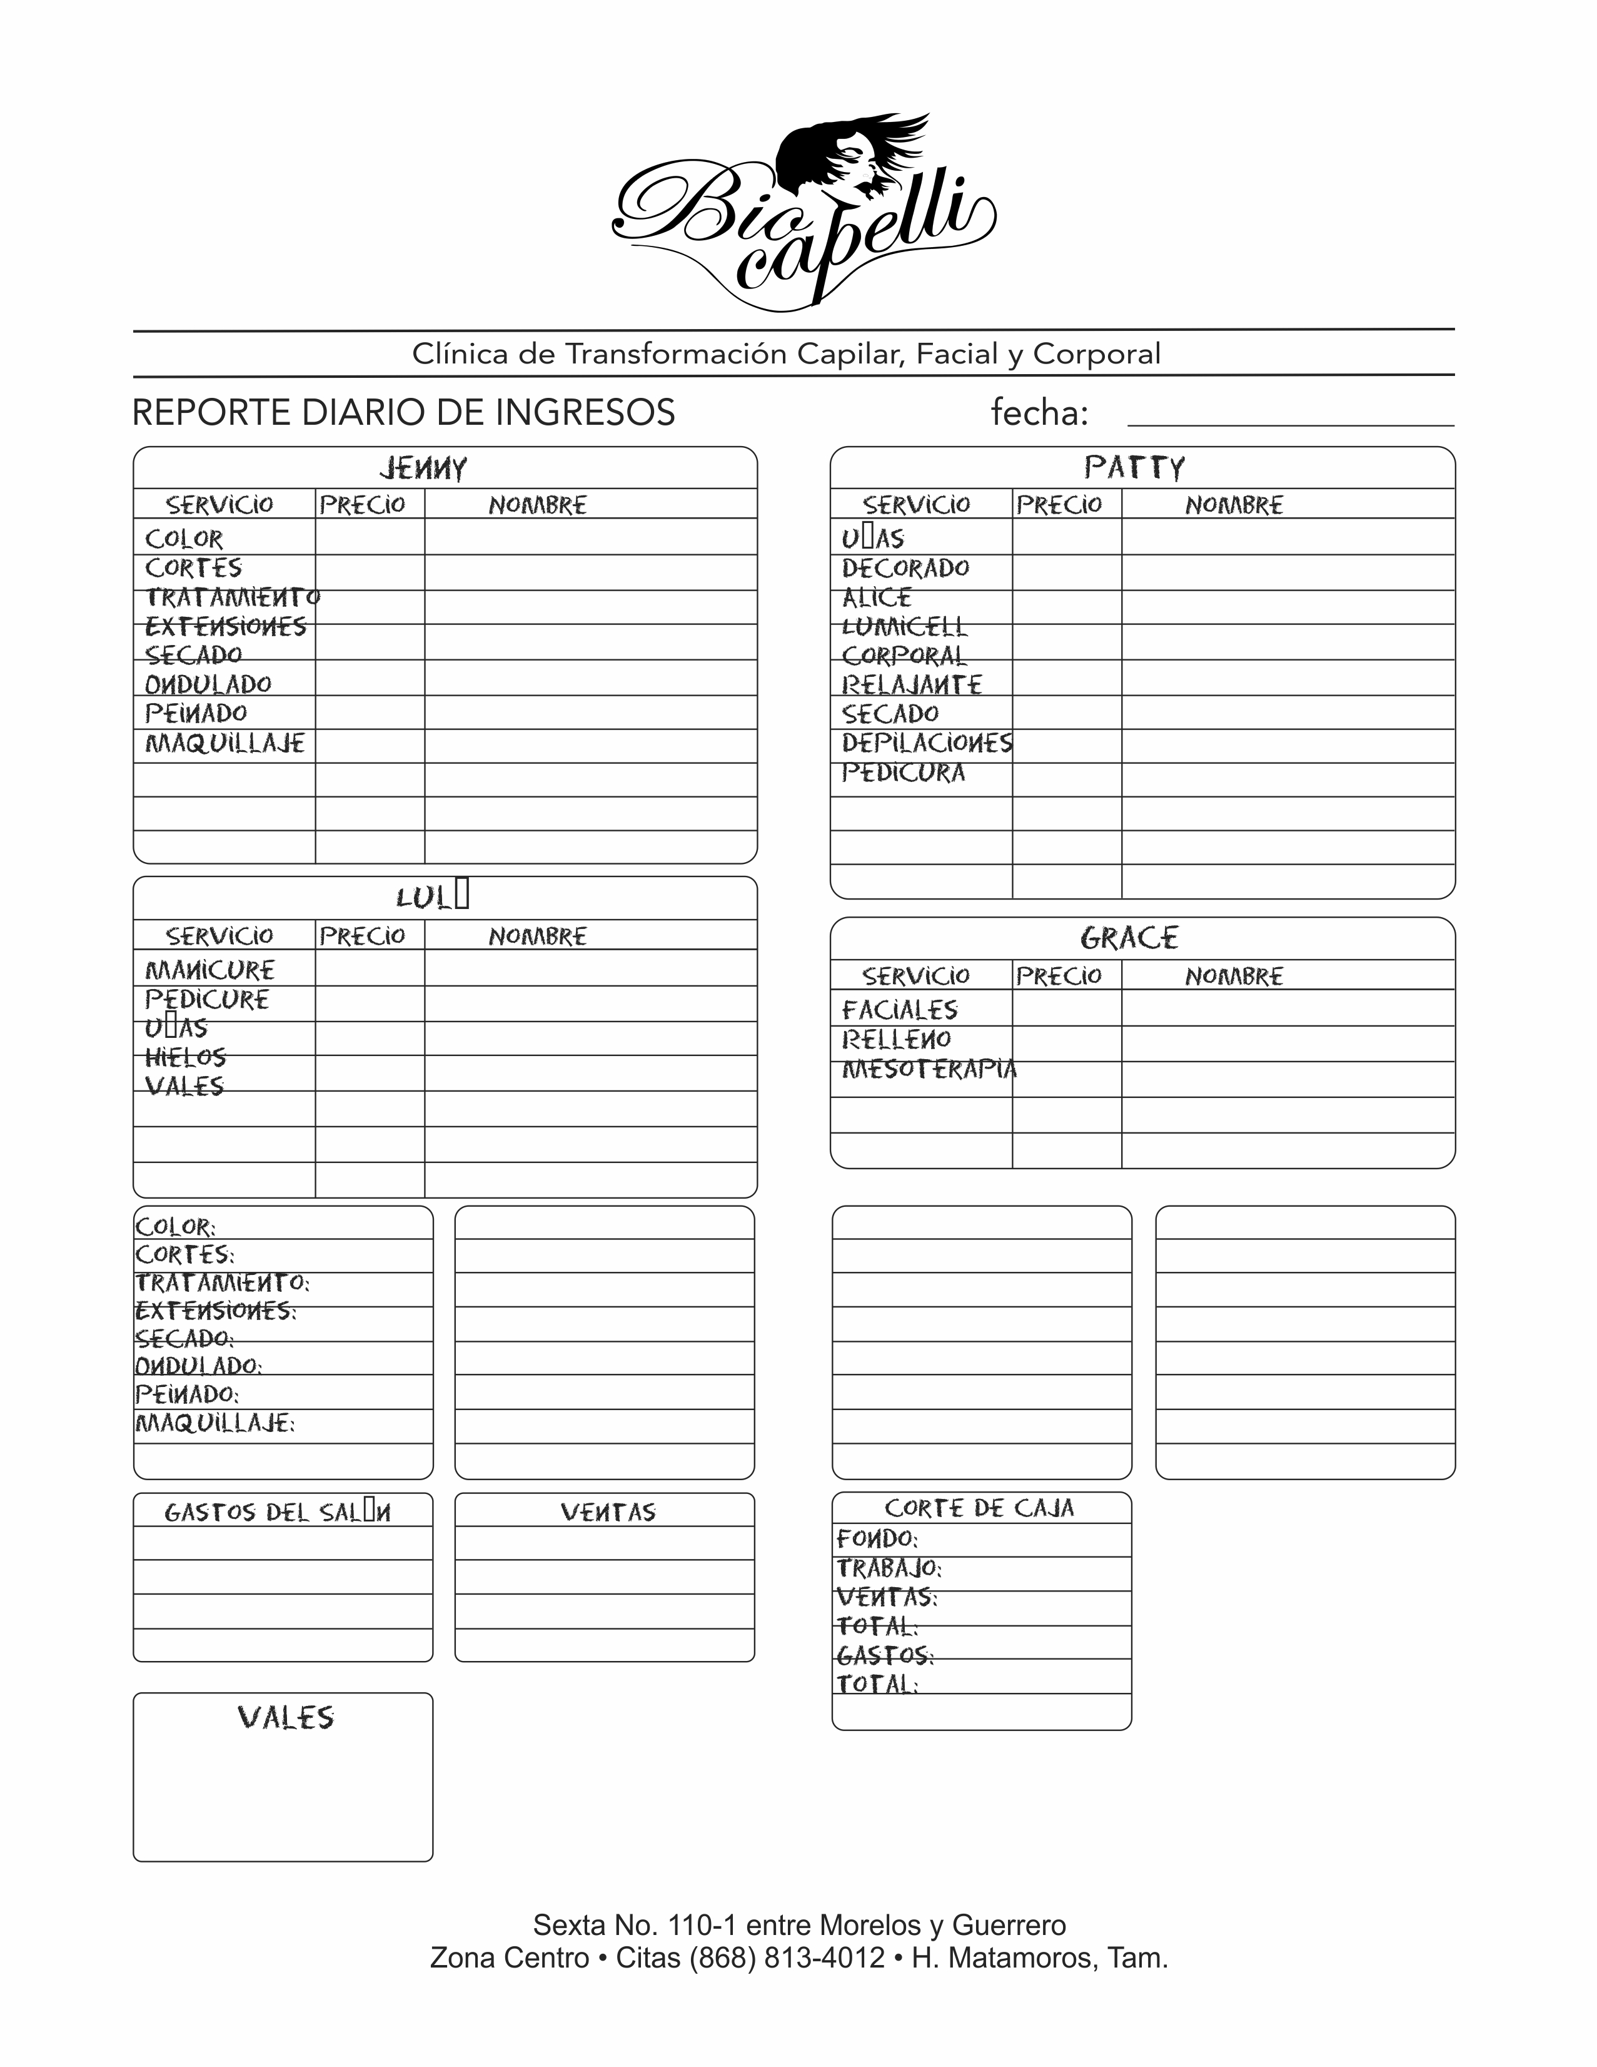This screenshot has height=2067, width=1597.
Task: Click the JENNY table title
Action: pos(423,469)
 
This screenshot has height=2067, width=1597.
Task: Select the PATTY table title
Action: pos(1134,467)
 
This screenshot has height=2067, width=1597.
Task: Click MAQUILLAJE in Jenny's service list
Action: pos(225,744)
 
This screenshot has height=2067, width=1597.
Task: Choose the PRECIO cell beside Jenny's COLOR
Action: pos(369,537)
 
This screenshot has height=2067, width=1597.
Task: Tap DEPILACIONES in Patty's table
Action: pos(926,743)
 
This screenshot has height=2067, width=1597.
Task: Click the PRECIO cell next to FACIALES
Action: pos(1066,1009)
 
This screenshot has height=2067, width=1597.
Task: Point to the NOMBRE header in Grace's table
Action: pos(1234,976)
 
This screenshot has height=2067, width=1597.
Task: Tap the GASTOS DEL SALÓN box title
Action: pos(277,1511)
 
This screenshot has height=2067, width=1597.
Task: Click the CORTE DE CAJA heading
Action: pos(979,1508)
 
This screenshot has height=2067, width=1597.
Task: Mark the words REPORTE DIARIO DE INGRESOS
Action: pos(403,413)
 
